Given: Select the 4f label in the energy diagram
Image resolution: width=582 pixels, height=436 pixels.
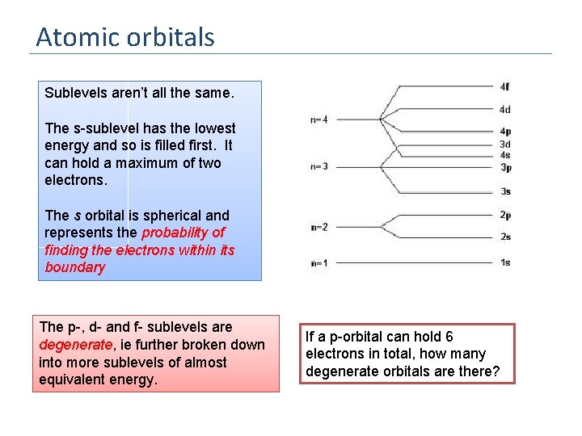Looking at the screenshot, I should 504,86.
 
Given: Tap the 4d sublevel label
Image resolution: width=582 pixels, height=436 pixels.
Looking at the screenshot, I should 504,109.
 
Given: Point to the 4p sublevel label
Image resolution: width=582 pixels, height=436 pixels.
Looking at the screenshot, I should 504,131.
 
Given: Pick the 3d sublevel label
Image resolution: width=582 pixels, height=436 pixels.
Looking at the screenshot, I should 504,144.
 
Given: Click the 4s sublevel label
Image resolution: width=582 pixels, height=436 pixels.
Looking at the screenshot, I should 504,155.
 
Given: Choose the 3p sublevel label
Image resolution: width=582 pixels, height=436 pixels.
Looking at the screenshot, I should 504,167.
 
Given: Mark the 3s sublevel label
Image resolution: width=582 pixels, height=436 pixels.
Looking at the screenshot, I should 504,191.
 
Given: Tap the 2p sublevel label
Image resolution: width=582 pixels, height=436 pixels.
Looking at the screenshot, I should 504,215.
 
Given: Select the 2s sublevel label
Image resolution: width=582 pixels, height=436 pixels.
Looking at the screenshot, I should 504,237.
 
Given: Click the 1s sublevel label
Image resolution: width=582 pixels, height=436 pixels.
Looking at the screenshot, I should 504,262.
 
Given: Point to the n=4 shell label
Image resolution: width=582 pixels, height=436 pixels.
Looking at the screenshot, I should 318,120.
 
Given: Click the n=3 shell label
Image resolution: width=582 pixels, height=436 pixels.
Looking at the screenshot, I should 318,167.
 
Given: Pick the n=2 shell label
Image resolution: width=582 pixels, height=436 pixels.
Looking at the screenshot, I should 318,227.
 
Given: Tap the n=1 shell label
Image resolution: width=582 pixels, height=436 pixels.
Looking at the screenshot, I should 318,263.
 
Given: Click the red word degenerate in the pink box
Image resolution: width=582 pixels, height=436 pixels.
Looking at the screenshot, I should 70,345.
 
